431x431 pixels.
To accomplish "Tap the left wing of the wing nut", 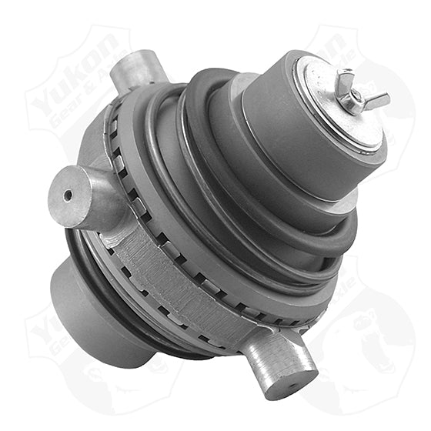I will (x=342, y=76).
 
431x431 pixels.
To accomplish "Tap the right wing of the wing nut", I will (x=379, y=99).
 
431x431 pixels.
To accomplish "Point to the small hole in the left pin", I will (x=68, y=195).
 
